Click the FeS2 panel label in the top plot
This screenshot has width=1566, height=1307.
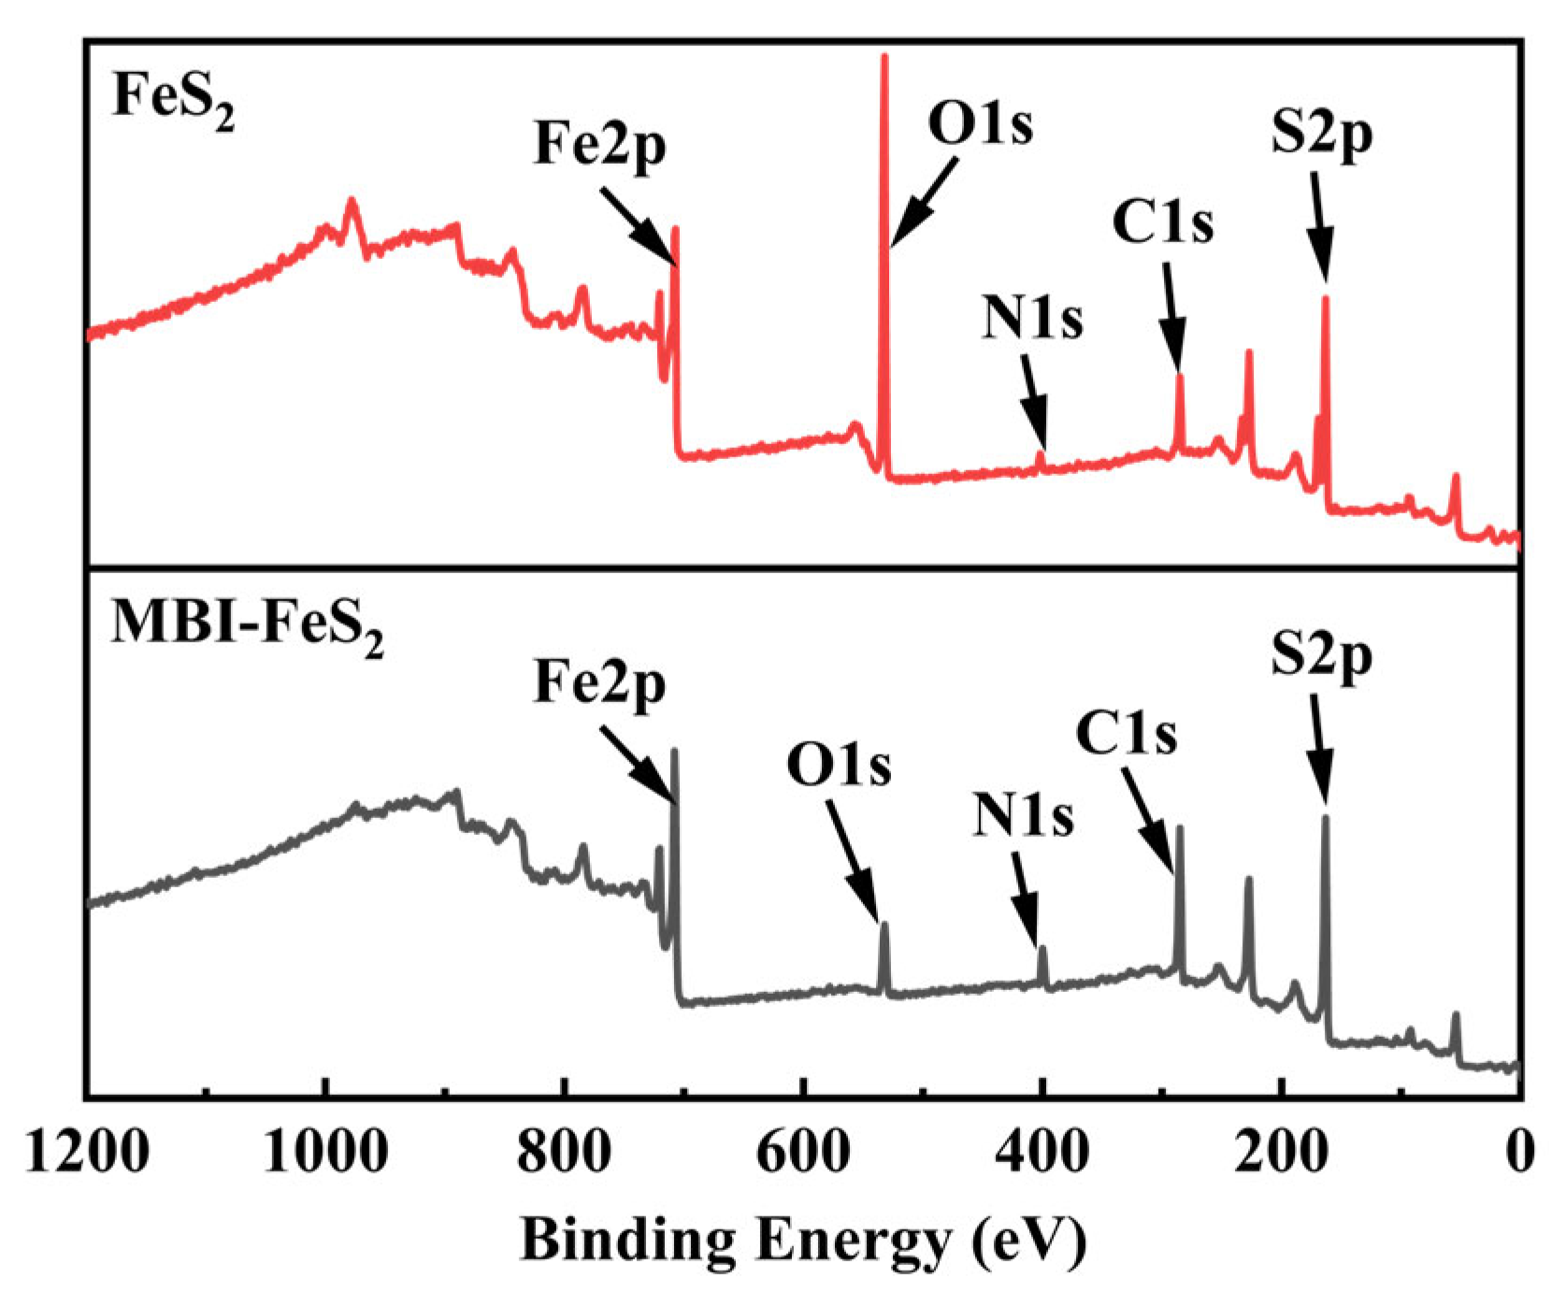(x=173, y=97)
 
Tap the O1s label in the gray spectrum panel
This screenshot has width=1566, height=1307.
(x=839, y=766)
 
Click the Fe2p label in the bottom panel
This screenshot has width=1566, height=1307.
(x=599, y=684)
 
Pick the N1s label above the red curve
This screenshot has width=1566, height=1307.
(x=1032, y=319)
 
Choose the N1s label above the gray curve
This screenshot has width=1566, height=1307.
(x=1023, y=816)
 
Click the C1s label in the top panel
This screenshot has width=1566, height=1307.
(x=1163, y=223)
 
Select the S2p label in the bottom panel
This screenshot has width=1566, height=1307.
(x=1321, y=658)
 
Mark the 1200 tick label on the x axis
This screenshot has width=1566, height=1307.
(x=87, y=1153)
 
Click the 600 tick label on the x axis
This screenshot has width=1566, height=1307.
(x=803, y=1153)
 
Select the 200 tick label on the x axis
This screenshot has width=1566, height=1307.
(x=1281, y=1153)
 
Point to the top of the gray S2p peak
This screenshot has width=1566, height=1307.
(x=1325, y=819)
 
